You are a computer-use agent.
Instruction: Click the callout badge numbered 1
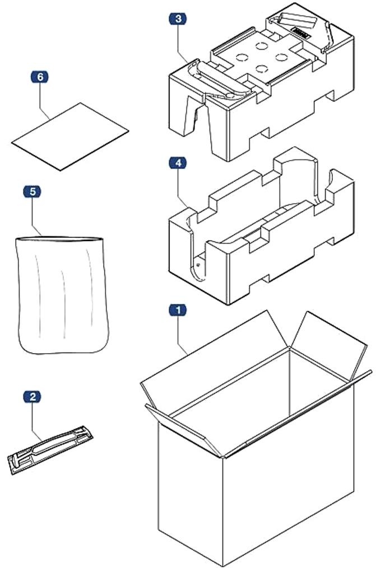coord(178,309)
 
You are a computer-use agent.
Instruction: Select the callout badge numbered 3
coord(178,19)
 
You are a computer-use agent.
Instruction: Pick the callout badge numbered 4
coord(178,163)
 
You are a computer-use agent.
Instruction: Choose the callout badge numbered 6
coord(40,77)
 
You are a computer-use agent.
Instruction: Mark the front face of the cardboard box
coord(191,492)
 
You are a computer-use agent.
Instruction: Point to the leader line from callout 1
coord(181,334)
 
